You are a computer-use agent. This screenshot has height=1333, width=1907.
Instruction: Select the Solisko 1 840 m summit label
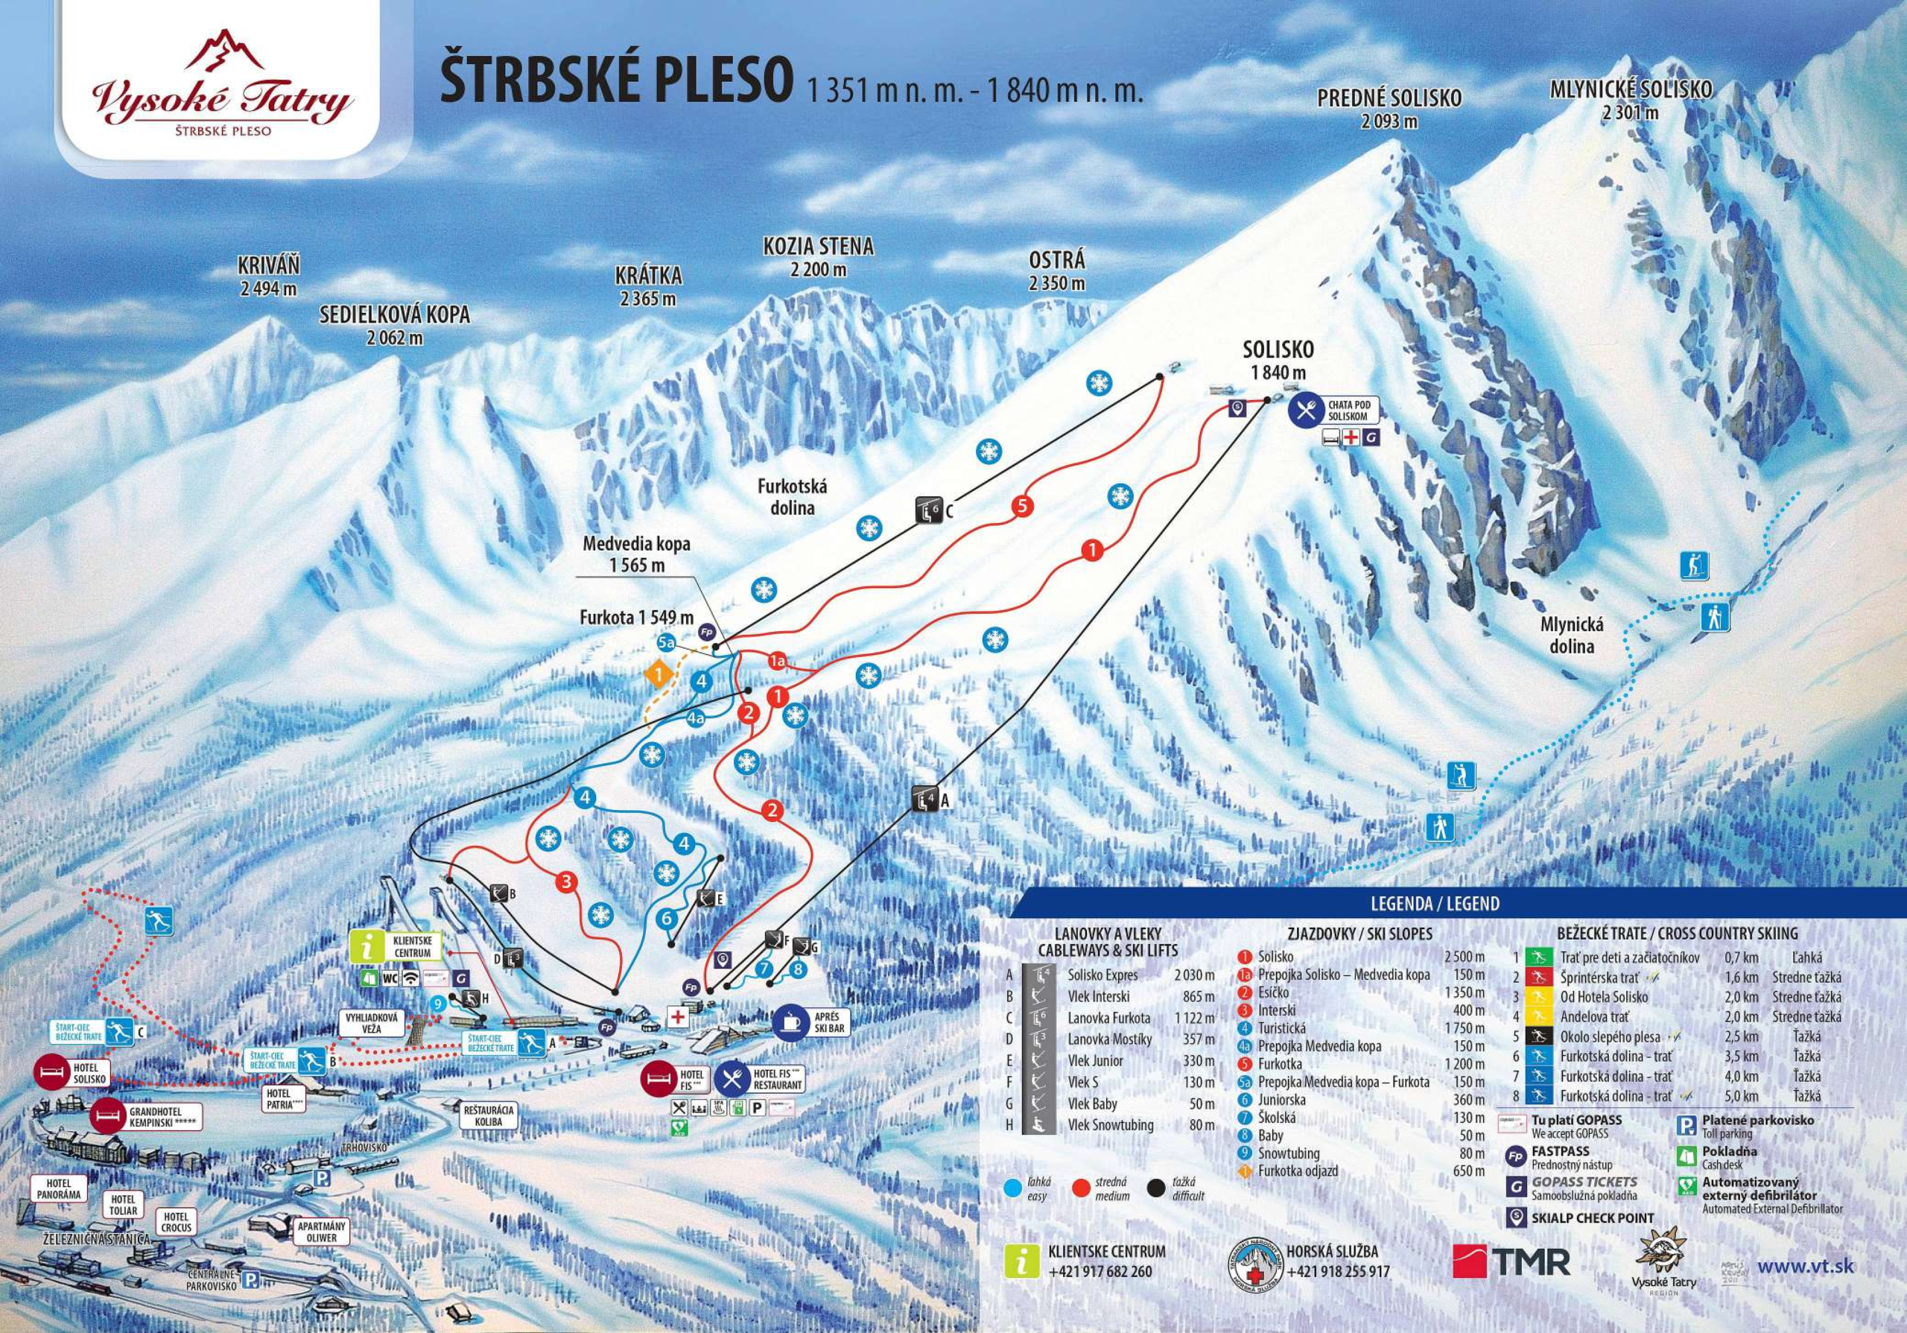pos(1278,361)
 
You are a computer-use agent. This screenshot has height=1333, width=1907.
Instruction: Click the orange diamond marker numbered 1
pos(659,674)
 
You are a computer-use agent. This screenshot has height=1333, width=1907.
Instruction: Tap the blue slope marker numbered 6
pos(665,918)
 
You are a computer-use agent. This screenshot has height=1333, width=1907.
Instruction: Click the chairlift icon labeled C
pos(927,509)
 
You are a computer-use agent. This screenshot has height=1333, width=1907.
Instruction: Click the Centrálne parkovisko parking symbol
pos(247,1281)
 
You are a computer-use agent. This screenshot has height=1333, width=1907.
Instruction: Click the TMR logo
pos(1511,1261)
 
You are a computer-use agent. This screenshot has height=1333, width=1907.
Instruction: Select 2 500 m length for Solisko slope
pos(1464,957)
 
